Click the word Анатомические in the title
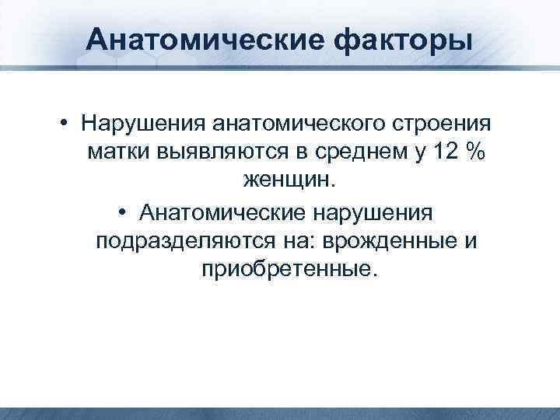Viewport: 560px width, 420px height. pyautogui.click(x=181, y=37)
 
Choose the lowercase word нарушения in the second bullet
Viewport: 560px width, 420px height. pyautogui.click(x=383, y=212)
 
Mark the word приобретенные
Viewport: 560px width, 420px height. pyautogui.click(x=287, y=270)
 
